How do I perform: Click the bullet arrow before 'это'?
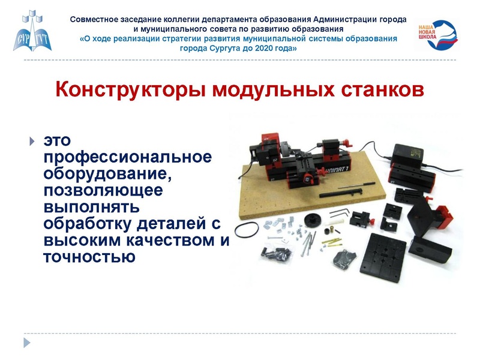point(32,142)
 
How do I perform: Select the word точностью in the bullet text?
point(88,257)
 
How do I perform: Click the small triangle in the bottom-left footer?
point(26,343)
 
